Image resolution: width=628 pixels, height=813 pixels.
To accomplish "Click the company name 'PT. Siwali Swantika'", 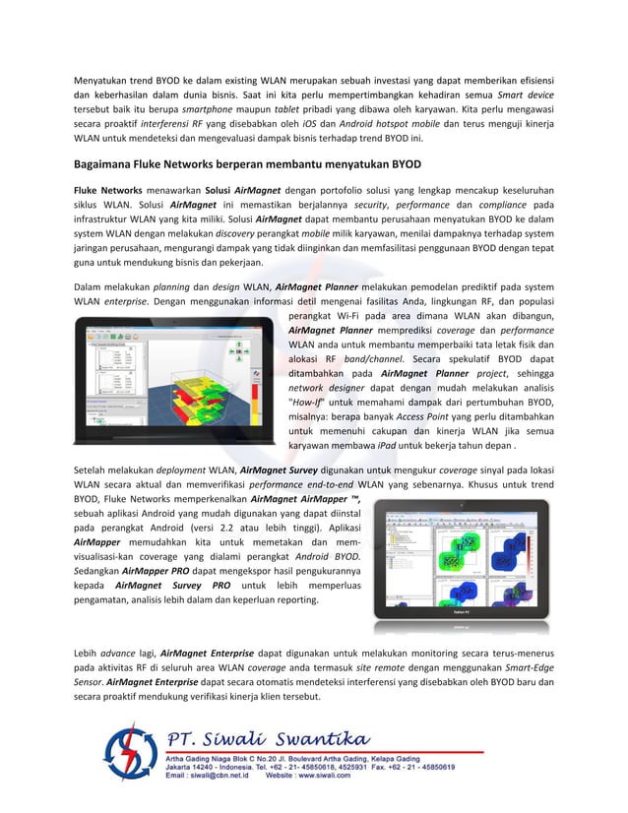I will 253,738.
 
